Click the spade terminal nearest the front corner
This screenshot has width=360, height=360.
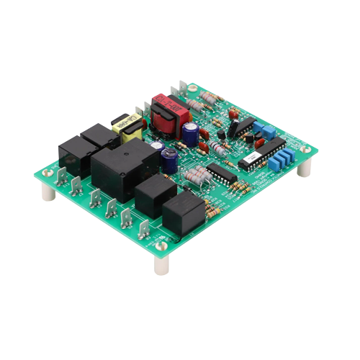coord(145,229)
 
